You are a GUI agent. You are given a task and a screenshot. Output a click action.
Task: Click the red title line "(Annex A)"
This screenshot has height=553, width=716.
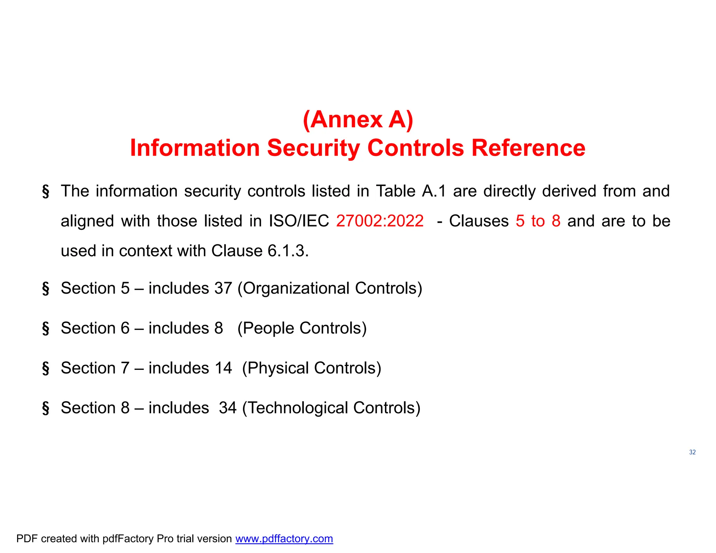(x=358, y=120)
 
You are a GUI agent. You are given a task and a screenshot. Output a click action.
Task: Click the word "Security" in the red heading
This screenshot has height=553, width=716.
(x=313, y=148)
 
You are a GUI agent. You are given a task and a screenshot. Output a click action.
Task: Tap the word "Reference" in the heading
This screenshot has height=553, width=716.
(x=528, y=148)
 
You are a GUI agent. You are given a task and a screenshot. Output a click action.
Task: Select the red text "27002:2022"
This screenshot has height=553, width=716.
(x=380, y=221)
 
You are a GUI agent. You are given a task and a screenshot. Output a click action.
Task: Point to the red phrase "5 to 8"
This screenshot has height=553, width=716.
(x=538, y=221)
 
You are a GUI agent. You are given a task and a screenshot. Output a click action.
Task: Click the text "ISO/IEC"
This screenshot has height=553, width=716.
(x=299, y=221)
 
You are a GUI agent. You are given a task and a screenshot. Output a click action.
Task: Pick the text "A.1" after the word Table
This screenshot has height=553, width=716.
(x=434, y=191)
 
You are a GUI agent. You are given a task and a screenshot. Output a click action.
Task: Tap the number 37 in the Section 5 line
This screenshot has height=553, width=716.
(x=223, y=288)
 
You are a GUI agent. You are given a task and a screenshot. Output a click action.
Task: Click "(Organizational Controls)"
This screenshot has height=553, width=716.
(x=330, y=288)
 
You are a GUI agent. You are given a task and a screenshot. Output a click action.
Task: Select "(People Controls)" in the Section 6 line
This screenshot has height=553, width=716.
(x=302, y=328)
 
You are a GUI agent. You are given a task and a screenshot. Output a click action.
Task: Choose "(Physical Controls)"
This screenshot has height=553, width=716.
(x=312, y=368)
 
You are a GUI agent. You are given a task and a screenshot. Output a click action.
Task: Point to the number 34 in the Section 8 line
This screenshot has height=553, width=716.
(x=228, y=408)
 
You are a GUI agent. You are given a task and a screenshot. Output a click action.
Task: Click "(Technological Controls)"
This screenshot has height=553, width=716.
(x=331, y=408)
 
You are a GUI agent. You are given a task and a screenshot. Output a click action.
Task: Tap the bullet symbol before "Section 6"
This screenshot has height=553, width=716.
(x=45, y=329)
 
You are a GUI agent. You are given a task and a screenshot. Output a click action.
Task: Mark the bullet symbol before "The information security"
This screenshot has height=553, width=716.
(x=45, y=192)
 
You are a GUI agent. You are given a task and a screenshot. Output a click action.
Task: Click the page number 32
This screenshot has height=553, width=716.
(x=692, y=452)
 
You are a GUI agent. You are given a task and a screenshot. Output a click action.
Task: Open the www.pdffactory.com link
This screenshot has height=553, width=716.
(x=284, y=539)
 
